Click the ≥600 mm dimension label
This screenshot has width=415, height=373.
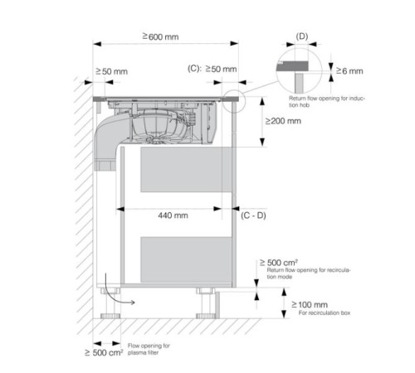pyautogui.click(x=160, y=36)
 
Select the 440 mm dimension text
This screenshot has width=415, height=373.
pyautogui.click(x=173, y=216)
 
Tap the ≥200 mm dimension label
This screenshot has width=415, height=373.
pyautogui.click(x=283, y=121)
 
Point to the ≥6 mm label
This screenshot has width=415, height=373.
pyautogui.click(x=349, y=71)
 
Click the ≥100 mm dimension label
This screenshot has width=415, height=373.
pyautogui.click(x=310, y=305)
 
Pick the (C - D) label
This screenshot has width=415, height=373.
pyautogui.click(x=253, y=216)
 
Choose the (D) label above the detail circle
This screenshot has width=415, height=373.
pyautogui.click(x=302, y=36)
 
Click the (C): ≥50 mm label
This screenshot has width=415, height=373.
pyautogui.click(x=212, y=69)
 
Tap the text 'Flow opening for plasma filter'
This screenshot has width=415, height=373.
pyautogui.click(x=149, y=349)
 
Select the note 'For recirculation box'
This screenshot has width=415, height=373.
pyautogui.click(x=325, y=312)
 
